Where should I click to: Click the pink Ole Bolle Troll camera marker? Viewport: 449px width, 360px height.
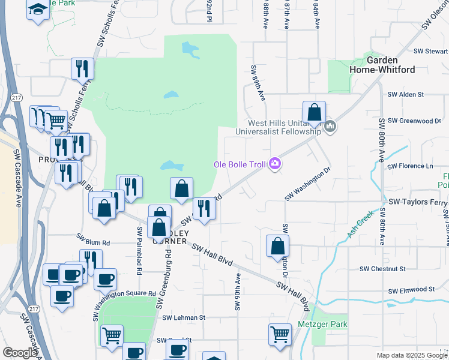(276, 163)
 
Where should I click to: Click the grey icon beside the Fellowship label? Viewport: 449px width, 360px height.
(330, 127)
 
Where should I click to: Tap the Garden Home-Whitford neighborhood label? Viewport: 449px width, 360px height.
(382, 65)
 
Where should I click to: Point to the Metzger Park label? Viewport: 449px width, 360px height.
(322, 325)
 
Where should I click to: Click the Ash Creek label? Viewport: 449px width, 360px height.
(361, 224)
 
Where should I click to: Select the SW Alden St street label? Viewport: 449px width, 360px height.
(405, 94)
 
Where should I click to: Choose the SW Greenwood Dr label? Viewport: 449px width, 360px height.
(414, 121)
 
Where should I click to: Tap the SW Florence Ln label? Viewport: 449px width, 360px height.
(410, 166)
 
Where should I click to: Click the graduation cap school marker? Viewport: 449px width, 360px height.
(38, 10)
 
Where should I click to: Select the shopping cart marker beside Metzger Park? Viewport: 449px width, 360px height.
(280, 335)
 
